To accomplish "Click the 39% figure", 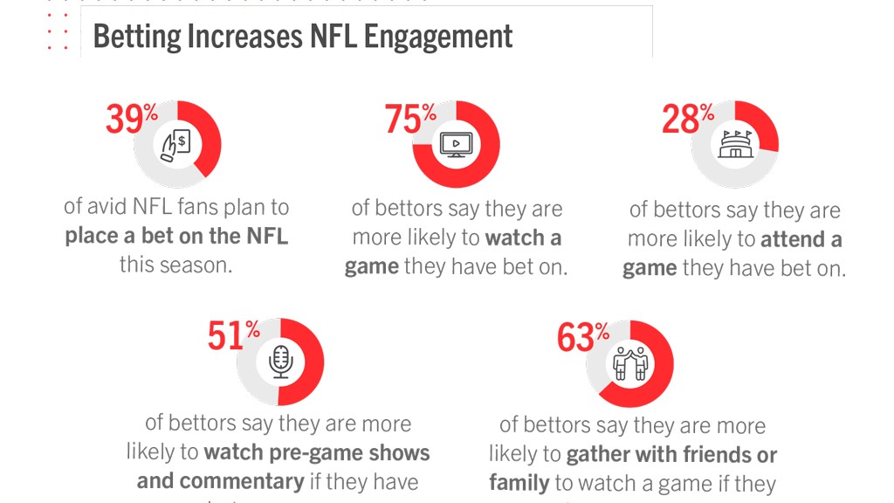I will point(131,120).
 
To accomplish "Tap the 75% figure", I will point(410,119).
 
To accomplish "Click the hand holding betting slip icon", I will point(176,144).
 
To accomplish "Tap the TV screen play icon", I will point(455,144).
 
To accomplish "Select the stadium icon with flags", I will point(734,144).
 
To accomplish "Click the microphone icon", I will point(280,362).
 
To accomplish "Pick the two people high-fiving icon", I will point(629,363).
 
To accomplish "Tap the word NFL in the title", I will point(334,37).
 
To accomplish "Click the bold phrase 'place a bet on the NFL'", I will point(176,236).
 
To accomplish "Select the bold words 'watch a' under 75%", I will point(523,238).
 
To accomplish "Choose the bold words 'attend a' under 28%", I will point(801,239).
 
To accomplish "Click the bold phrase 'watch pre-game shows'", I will point(317,452).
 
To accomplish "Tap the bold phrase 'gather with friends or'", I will point(671,454).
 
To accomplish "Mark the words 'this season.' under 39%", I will point(176,264).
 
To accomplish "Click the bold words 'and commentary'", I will point(220,480).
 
